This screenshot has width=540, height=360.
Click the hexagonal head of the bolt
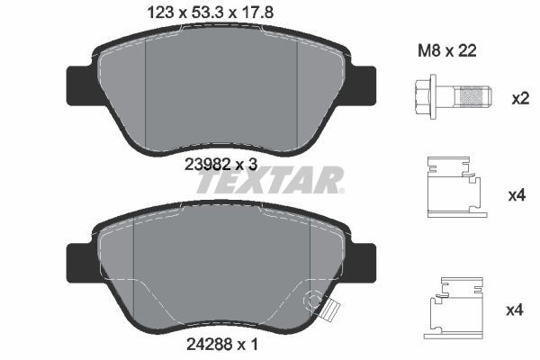tap(427, 96)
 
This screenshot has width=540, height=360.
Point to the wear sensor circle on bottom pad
tap(314, 300)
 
